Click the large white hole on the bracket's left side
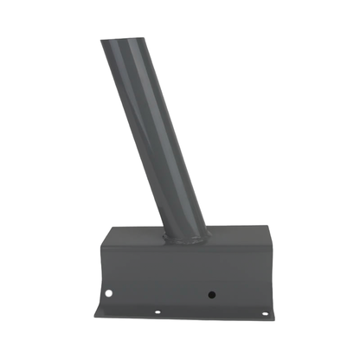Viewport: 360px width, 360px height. (x=109, y=295)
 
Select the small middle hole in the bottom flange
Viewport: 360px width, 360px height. (x=157, y=312)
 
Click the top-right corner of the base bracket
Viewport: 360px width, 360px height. (x=259, y=229)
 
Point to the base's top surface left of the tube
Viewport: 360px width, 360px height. (x=134, y=234)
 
